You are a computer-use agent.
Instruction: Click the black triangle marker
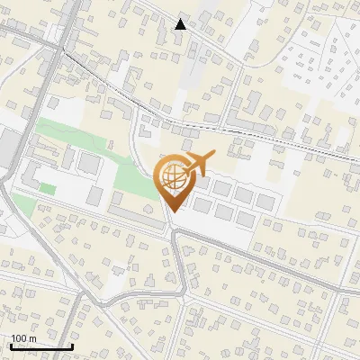pos(181,24)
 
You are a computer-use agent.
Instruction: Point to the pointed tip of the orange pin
pos(172,211)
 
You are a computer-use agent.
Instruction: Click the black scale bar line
pos(41,347)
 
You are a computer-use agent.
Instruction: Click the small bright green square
pos(47,188)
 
